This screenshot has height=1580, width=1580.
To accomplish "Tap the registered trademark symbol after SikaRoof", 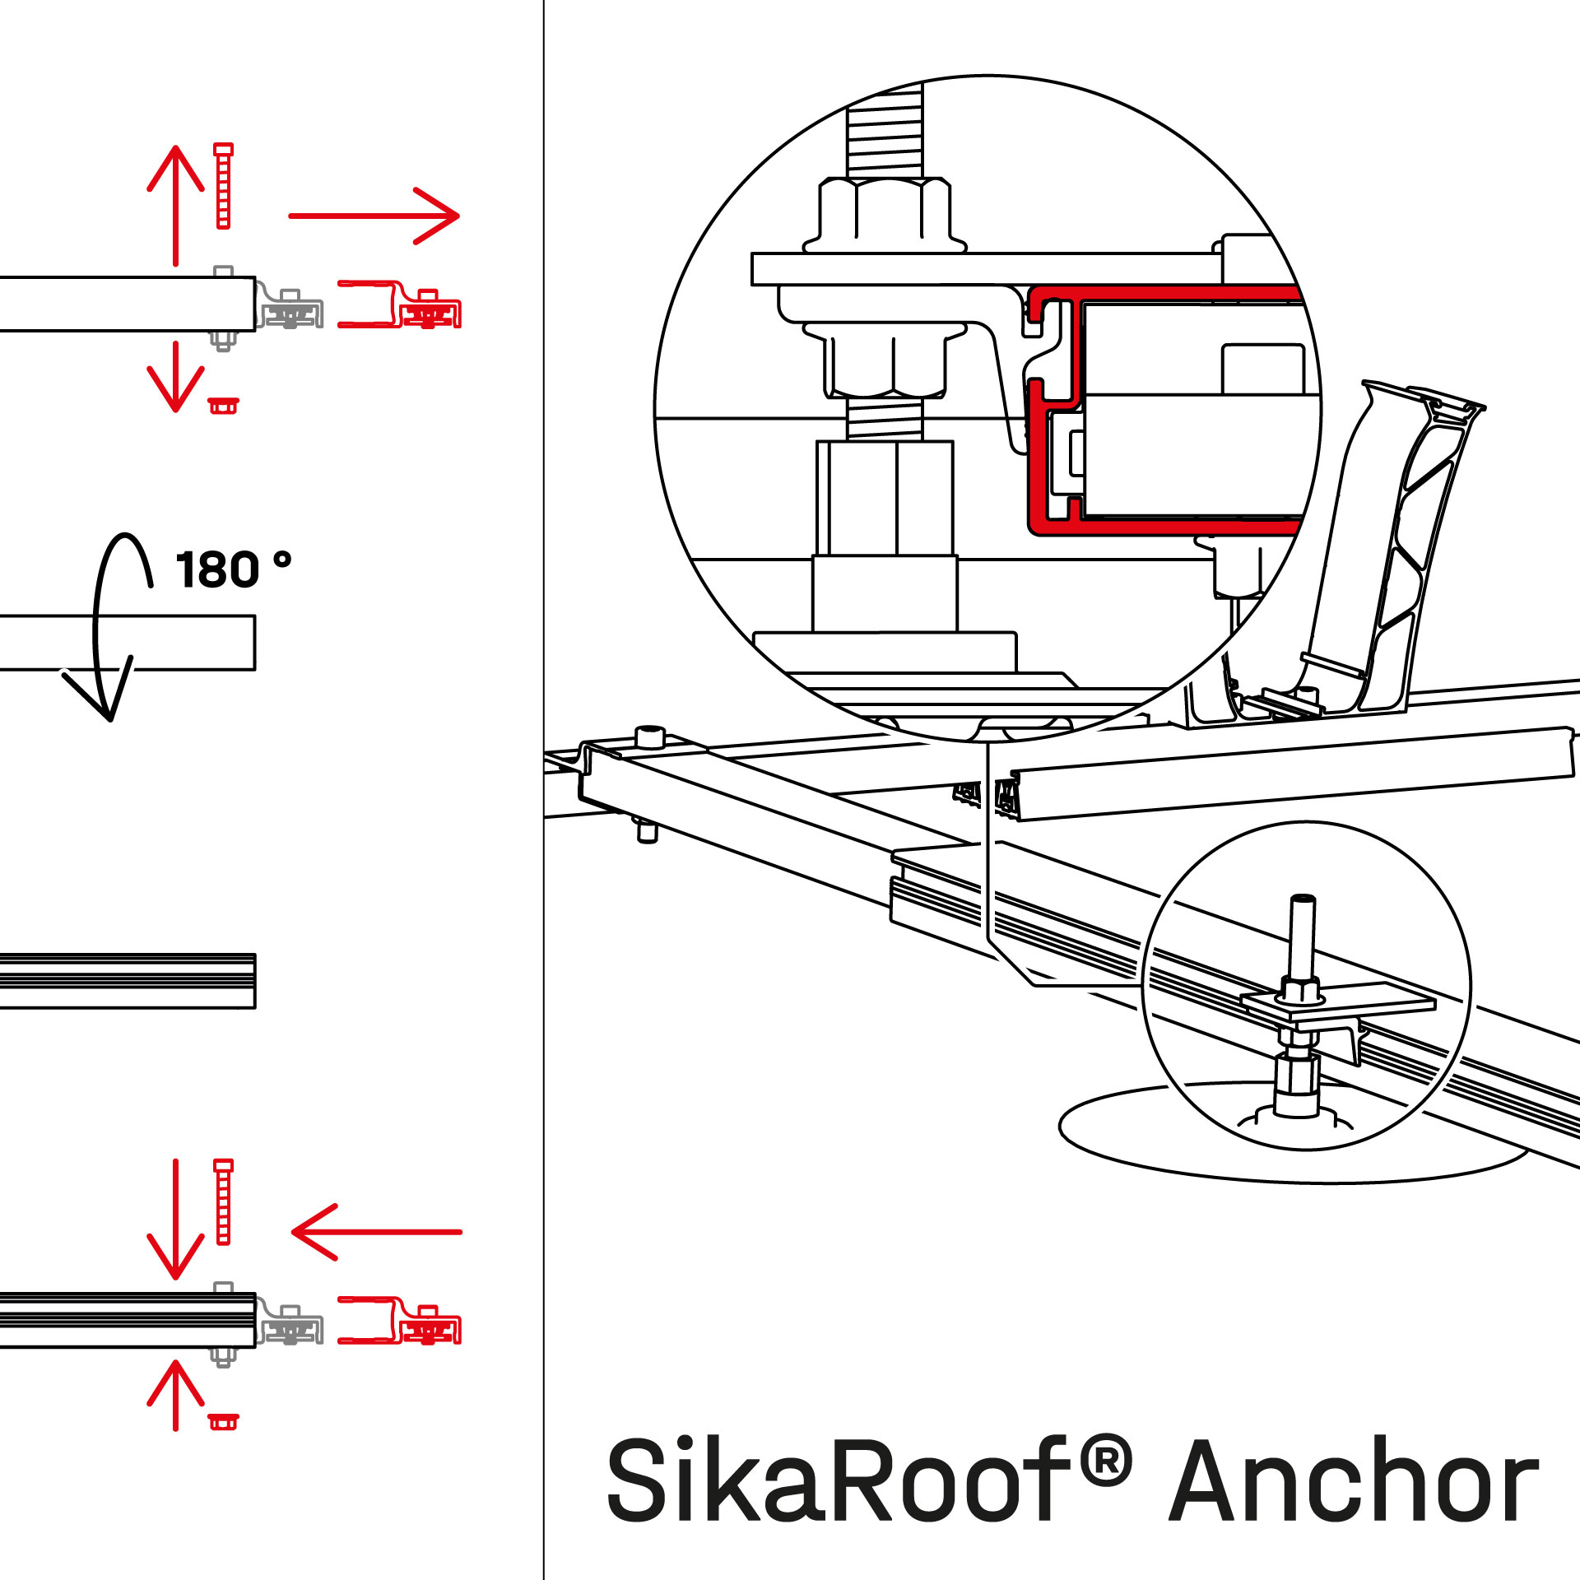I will tap(1107, 1461).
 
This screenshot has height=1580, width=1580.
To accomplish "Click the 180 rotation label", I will tap(232, 569).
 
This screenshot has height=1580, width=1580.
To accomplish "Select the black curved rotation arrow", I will tap(103, 625).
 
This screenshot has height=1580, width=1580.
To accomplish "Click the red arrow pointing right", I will tap(374, 216).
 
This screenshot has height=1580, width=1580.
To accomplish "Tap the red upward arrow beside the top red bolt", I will tap(175, 206).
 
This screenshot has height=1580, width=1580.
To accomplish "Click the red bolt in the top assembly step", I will tap(223, 186).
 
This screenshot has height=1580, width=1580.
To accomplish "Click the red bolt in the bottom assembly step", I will tap(223, 1202).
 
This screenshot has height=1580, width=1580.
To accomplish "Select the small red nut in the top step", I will tap(223, 406).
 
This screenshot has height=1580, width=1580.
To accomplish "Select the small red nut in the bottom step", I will tap(223, 1421).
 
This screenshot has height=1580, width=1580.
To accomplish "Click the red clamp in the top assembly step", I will tap(399, 305).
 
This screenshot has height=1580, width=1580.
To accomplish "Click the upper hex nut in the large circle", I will tap(885, 214).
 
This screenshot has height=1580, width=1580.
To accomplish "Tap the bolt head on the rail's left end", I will tap(650, 735).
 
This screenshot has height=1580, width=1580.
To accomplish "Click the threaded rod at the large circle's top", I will tap(885, 132).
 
